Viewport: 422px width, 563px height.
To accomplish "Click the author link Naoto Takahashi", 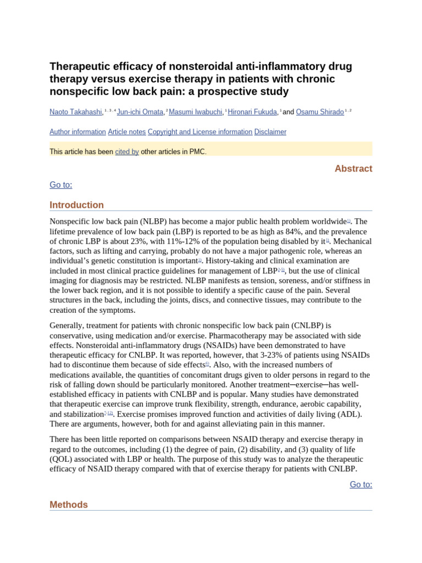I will [76, 112].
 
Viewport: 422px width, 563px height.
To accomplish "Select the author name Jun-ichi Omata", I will [140, 112].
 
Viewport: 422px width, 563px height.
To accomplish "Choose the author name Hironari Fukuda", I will [253, 112].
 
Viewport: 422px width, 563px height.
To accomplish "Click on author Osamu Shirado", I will [320, 112].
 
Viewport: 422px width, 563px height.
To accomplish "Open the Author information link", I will [77, 132].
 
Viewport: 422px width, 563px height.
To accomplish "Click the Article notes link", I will [126, 132].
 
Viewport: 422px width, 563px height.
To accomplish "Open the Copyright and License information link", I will [200, 132].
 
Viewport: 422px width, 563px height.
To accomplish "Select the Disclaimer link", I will [270, 132].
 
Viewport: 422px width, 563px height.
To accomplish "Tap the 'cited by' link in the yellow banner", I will [127, 152].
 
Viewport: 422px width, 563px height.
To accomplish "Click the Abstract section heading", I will [353, 169].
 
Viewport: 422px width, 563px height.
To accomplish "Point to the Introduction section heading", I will [76, 205].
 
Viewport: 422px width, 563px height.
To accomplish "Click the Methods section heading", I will [69, 505].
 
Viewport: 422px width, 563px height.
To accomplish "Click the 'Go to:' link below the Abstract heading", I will [61, 185].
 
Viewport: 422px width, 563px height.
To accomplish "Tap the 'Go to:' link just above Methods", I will [361, 484].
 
